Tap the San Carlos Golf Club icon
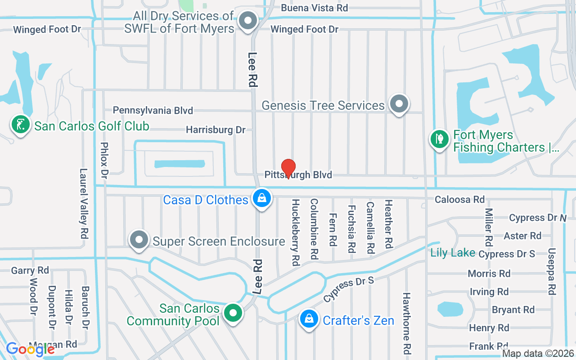pyautogui.click(x=20, y=126)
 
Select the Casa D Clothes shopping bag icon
pyautogui.click(x=261, y=198)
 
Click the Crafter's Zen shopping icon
pyautogui.click(x=309, y=319)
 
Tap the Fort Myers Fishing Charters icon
pyautogui.click(x=440, y=139)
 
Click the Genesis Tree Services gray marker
pyautogui.click(x=398, y=104)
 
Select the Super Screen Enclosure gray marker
pyautogui.click(x=139, y=240)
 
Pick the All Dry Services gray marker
pyautogui.click(x=247, y=21)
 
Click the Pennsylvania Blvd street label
pyautogui.click(x=153, y=110)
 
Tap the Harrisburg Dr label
pyautogui.click(x=216, y=130)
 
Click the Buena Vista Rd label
pyautogui.click(x=314, y=8)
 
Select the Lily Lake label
pyautogui.click(x=452, y=252)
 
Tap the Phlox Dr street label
pyautogui.click(x=104, y=161)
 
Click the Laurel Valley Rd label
pyautogui.click(x=84, y=203)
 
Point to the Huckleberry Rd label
pyautogui.click(x=296, y=232)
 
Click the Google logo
pyautogui.click(x=30, y=349)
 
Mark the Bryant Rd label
pyautogui.click(x=513, y=310)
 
